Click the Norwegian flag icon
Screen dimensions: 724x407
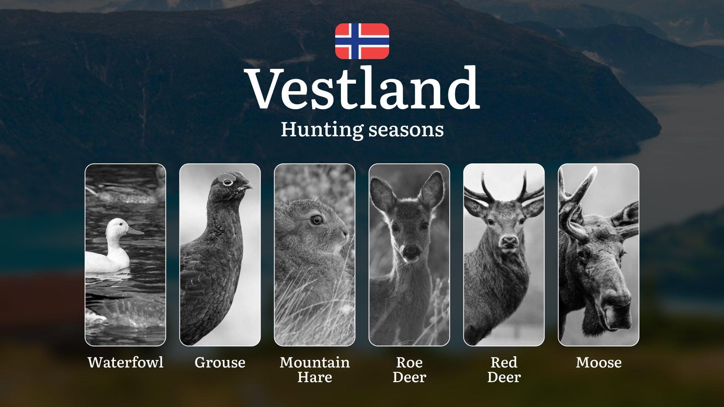pos(362,41)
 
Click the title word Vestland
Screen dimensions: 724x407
pos(363,89)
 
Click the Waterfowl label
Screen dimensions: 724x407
pos(126,362)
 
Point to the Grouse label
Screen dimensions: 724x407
pos(220,362)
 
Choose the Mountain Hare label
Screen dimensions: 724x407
pos(315,369)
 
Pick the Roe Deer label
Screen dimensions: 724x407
pos(409,369)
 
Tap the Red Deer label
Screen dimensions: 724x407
pos(504,369)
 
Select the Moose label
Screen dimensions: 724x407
pos(598,362)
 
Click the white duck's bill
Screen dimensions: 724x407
pos(135,230)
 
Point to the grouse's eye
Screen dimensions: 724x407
pos(227,182)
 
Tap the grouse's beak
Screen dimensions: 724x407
pos(247,186)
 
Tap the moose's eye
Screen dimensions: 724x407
pos(583,254)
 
